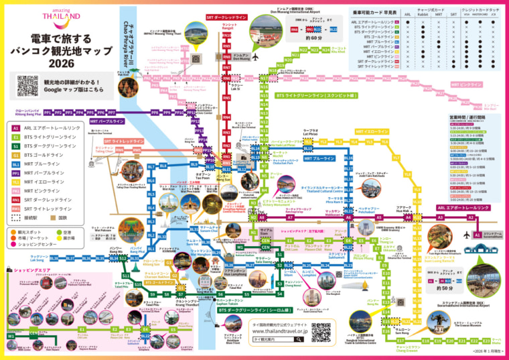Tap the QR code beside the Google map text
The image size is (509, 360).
(28, 85)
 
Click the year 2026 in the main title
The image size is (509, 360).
(61, 62)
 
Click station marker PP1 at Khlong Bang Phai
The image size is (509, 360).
(48, 113)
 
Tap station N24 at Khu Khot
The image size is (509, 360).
(327, 50)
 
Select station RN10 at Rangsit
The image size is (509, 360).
(226, 33)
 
